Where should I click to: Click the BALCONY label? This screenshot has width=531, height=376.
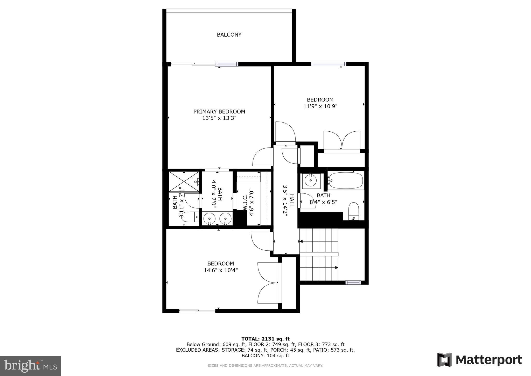pos(229,35)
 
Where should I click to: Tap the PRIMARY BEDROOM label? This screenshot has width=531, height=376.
pos(219,112)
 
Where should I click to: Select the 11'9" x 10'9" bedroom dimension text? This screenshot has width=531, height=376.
pos(320,106)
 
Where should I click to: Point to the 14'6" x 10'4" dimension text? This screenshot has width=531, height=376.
pos(221,270)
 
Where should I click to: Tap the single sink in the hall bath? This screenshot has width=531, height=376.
pos(310,180)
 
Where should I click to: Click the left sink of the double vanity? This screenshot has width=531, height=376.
pos(209,219)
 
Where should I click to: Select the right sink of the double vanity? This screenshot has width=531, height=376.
pos(225,219)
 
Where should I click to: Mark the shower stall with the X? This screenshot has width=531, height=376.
pos(184,182)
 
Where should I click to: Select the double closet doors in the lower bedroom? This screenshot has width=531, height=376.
pos(268,283)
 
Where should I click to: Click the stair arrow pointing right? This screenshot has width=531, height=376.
pos(336,267)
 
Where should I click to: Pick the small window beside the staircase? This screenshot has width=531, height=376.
pos(353,283)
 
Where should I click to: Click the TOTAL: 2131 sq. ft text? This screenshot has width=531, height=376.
pos(265,339)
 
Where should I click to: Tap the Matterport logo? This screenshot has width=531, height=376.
pos(479,360)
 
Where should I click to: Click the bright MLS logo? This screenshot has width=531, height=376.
pos(30,366)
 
